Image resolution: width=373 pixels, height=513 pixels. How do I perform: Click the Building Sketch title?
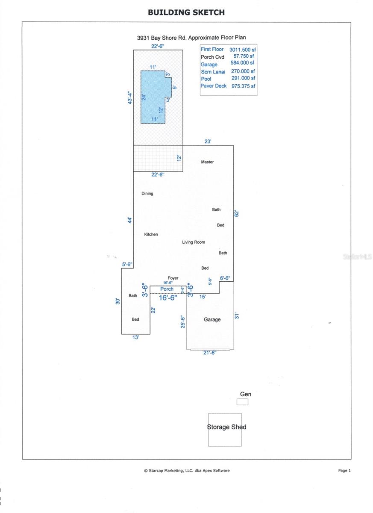[x=186, y=12]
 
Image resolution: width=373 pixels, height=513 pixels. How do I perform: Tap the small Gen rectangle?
[x=242, y=402]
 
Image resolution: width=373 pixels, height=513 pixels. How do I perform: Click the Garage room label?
[x=212, y=319]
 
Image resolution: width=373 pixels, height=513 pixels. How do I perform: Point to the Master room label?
[x=207, y=162]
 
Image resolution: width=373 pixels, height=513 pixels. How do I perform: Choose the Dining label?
[x=147, y=194]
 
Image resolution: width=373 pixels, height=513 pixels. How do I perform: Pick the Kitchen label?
[x=151, y=234]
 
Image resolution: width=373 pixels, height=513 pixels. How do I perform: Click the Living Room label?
[x=194, y=242]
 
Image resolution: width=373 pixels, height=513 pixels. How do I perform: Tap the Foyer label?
[x=173, y=278]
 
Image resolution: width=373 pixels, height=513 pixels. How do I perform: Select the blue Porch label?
[x=167, y=289]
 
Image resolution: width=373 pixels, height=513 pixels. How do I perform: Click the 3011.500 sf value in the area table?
[x=242, y=50]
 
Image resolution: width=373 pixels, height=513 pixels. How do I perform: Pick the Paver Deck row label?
[x=214, y=86]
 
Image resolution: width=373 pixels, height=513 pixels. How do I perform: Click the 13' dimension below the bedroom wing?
[x=136, y=337]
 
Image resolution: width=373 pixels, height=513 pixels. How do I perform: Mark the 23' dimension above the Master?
[x=208, y=142]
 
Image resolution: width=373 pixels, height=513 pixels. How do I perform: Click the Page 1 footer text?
[x=344, y=471]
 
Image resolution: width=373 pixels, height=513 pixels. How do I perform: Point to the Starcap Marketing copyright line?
[x=187, y=471]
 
